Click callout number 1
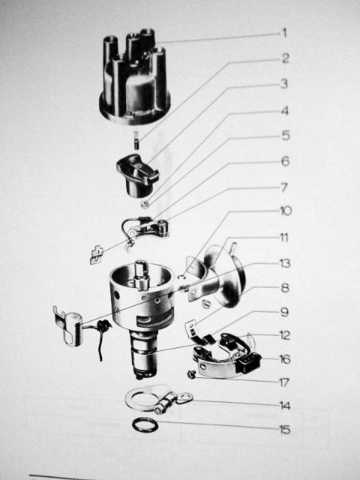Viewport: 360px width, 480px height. tap(285, 33)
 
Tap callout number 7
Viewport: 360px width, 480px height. tap(284, 187)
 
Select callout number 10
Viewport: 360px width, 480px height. tap(286, 211)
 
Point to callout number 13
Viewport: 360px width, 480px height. tap(285, 263)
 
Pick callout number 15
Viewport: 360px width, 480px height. tap(285, 430)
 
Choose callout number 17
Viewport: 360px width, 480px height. tap(284, 382)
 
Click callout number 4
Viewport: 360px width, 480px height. tap(285, 111)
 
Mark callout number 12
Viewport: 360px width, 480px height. tap(285, 335)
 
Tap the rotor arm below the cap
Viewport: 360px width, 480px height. tap(137, 175)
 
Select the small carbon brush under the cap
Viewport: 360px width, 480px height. tap(136, 140)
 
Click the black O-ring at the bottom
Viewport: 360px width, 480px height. tap(145, 425)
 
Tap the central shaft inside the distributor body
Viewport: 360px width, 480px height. tap(142, 274)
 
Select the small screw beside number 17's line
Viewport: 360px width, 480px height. tap(191, 373)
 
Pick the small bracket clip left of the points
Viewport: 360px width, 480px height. tap(97, 254)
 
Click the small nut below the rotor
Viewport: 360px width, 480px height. tap(145, 204)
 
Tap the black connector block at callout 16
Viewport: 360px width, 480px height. tap(249, 362)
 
